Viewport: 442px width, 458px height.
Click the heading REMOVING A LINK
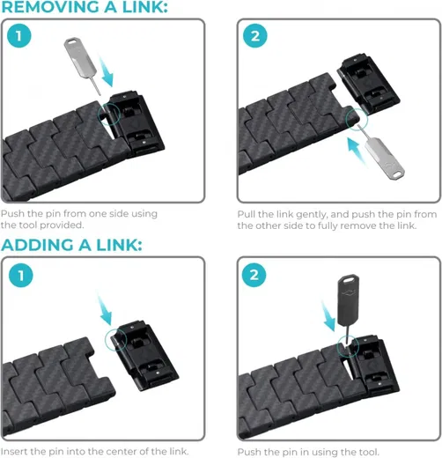click(x=85, y=9)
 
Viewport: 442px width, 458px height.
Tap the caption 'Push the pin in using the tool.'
click(x=307, y=452)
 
